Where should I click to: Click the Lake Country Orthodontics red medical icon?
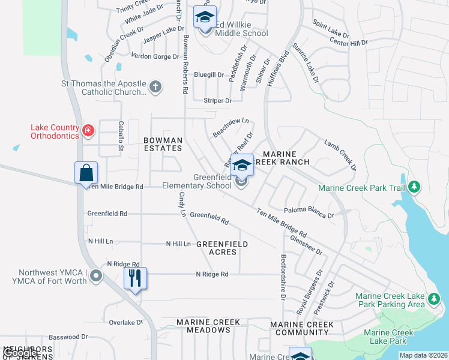tap(88, 130)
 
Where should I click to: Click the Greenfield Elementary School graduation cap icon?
tap(242, 165)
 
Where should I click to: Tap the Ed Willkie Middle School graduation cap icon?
tap(205, 17)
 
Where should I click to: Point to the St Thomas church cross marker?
tap(155, 87)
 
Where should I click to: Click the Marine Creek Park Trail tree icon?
tap(414, 188)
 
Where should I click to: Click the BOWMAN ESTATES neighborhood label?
tap(163, 144)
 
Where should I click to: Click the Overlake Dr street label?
tap(126, 322)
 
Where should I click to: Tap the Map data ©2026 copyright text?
tap(423, 355)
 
